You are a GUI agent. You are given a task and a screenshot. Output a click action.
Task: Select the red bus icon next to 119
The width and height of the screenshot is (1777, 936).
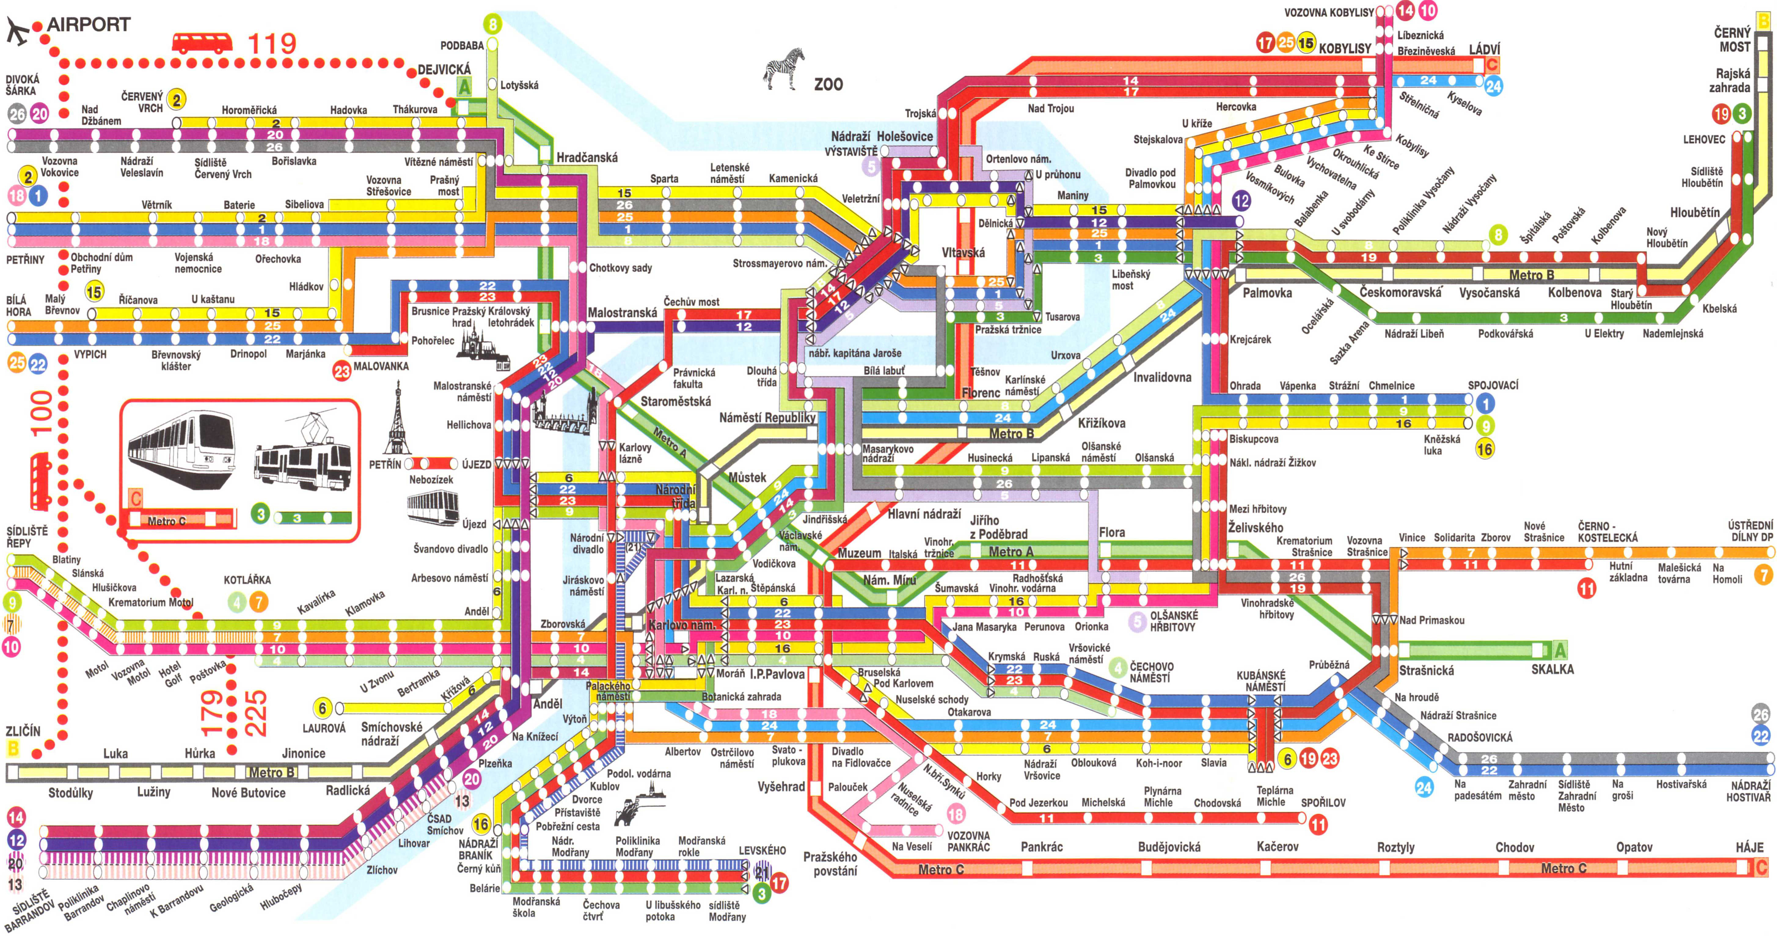coord(201,43)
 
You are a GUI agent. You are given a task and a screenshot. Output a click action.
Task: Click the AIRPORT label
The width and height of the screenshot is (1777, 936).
coord(88,25)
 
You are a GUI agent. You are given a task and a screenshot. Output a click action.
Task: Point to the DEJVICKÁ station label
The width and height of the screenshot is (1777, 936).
coord(444,70)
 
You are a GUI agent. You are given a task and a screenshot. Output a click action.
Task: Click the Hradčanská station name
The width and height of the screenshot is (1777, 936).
coord(587,157)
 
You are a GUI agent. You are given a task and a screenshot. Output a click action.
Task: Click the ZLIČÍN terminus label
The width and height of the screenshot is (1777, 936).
coord(23,731)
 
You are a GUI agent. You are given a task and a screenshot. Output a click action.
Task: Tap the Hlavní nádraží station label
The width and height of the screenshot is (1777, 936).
coord(924,514)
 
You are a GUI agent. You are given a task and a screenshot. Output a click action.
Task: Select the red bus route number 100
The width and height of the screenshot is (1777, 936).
coord(41,412)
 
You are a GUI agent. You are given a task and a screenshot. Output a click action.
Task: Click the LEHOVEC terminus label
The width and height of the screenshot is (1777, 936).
coord(1704,139)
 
